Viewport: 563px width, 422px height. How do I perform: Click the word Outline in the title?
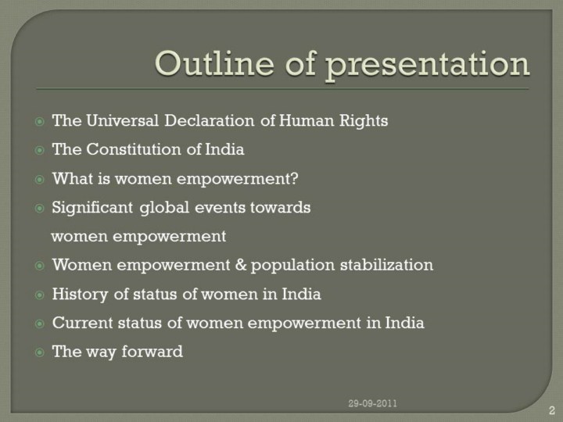(214, 63)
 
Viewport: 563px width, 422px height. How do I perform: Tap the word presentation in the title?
(427, 66)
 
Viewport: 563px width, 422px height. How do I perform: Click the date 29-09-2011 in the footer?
(373, 403)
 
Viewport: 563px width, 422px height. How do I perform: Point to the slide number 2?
(552, 410)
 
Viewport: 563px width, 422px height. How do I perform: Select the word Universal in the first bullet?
(123, 120)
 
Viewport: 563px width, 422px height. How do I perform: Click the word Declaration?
(210, 120)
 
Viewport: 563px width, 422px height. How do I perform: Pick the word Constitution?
(134, 149)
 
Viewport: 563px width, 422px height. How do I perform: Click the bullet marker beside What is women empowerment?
(40, 180)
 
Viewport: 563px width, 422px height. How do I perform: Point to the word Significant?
(92, 208)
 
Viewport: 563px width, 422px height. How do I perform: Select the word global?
(164, 208)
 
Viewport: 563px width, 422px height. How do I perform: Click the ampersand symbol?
(241, 265)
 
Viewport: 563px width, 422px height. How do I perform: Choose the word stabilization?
(387, 265)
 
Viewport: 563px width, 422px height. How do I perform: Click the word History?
(80, 295)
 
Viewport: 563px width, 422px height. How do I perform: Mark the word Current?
(83, 323)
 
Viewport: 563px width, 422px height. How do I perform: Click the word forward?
(152, 352)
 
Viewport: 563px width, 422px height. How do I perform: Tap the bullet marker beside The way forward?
(40, 352)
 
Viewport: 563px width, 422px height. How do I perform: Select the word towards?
(281, 207)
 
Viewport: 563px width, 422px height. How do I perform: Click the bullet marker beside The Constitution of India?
(40, 150)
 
